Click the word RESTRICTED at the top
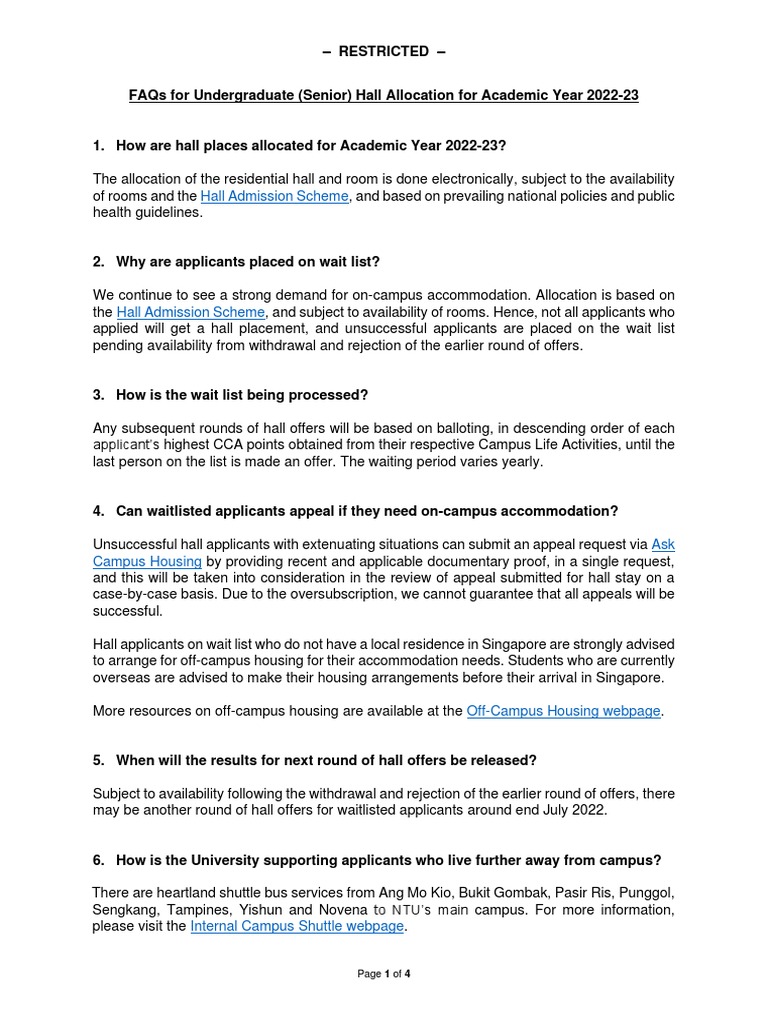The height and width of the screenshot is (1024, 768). tap(383, 51)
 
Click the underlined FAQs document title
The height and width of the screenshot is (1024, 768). tap(383, 95)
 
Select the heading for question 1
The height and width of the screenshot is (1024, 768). tap(304, 146)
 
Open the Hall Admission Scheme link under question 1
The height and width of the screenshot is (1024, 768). tap(274, 196)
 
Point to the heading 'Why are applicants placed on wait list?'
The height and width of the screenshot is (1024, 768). tap(248, 262)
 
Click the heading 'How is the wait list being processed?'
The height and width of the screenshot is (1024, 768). tap(235, 395)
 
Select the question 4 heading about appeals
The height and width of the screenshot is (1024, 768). tap(367, 511)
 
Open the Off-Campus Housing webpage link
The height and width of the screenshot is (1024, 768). tap(564, 711)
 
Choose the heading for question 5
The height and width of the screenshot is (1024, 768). tap(326, 760)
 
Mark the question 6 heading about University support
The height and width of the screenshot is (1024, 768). tap(388, 860)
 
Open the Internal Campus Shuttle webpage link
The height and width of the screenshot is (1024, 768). tap(297, 926)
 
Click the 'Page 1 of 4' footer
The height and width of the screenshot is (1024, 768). tap(383, 974)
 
